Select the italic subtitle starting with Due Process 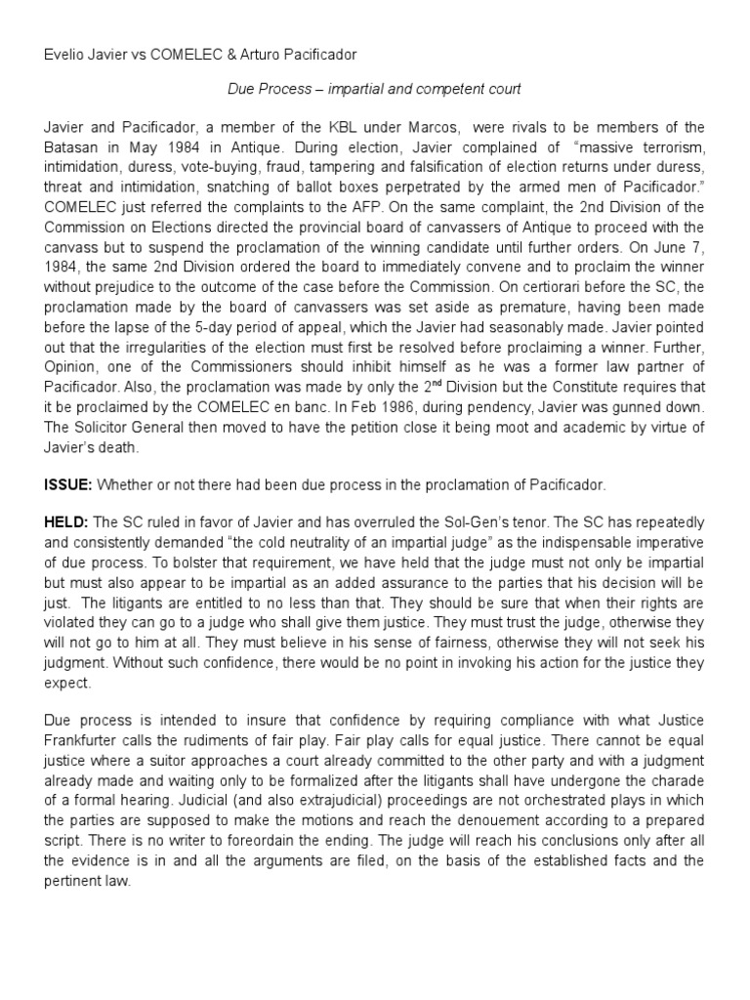click(374, 89)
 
